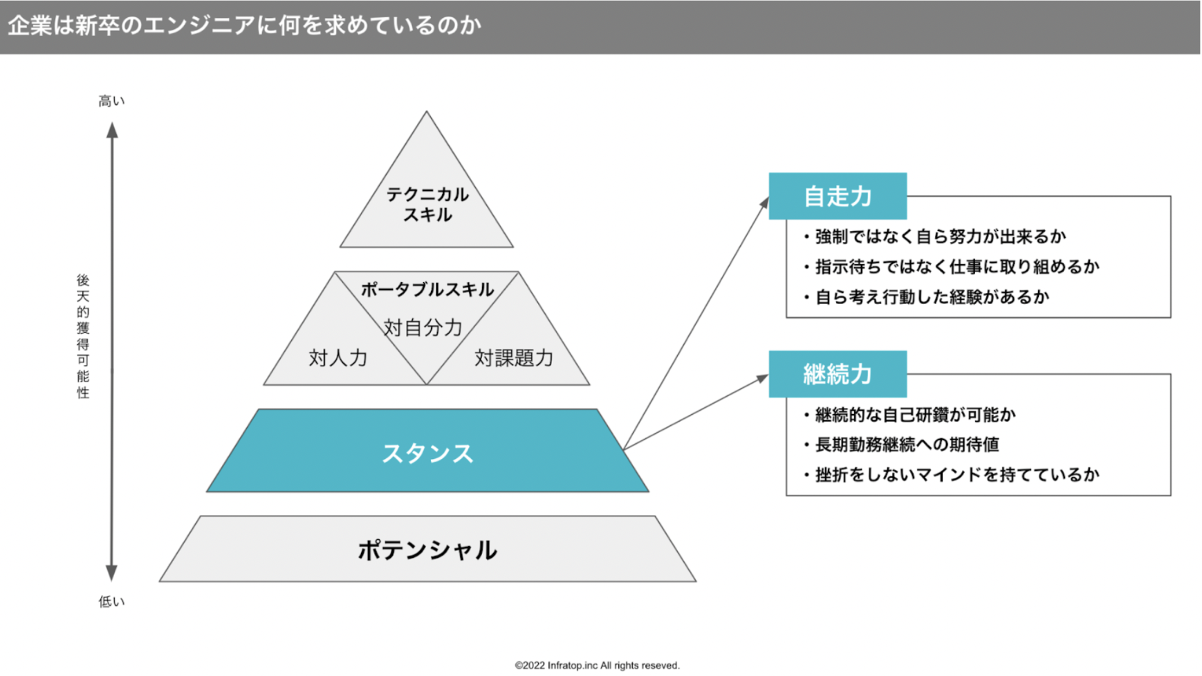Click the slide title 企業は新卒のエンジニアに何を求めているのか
(x=244, y=26)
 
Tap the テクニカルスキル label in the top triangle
(x=427, y=205)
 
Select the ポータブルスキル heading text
(x=427, y=289)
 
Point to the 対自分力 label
(x=423, y=328)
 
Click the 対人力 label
(x=338, y=358)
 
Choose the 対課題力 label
(x=514, y=358)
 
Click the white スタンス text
(x=427, y=453)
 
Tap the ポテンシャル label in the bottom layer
(x=427, y=550)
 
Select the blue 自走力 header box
(x=838, y=196)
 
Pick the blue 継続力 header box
(x=838, y=374)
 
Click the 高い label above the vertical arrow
(x=111, y=101)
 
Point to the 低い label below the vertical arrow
(x=111, y=601)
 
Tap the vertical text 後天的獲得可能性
(x=83, y=336)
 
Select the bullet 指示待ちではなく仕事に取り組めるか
(x=951, y=267)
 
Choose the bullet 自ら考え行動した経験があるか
(x=926, y=297)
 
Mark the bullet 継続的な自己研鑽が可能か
(x=909, y=415)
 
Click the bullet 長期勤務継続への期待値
(x=901, y=444)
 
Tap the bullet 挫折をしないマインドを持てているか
(x=951, y=475)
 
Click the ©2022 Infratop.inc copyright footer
(x=598, y=666)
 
